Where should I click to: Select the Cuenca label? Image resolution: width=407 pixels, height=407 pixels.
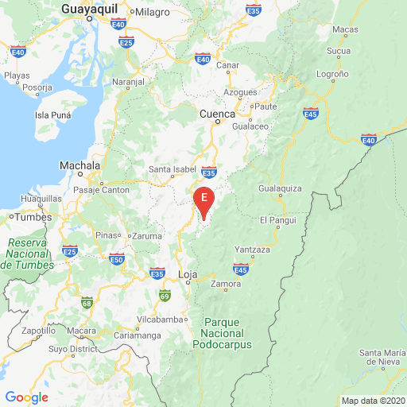tap(217, 114)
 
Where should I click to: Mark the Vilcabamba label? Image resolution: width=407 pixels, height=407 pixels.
tap(160, 320)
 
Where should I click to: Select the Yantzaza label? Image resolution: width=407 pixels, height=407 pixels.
tap(253, 250)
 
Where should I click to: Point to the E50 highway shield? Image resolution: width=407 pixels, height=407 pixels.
tap(117, 259)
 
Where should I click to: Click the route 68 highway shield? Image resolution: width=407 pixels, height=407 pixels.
tap(86, 301)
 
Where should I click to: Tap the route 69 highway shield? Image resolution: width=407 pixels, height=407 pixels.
tap(165, 297)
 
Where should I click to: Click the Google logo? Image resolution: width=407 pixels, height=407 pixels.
tap(26, 397)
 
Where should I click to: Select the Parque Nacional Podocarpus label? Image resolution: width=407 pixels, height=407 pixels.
tap(222, 333)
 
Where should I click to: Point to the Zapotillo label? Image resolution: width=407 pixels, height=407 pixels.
tap(38, 330)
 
